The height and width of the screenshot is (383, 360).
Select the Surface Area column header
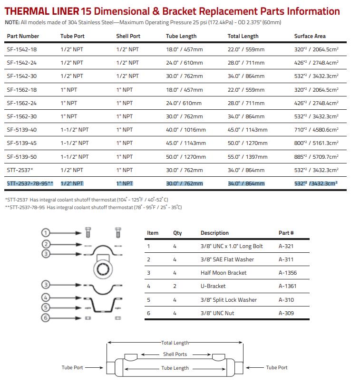(x=310, y=36)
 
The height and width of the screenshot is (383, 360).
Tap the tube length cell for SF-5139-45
(x=186, y=143)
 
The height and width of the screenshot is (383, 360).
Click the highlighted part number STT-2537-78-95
(x=30, y=183)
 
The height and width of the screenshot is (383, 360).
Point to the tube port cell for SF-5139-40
(x=75, y=130)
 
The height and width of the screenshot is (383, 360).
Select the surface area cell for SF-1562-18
(x=316, y=89)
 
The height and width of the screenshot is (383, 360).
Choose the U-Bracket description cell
(x=213, y=286)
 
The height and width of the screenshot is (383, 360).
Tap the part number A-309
(x=286, y=313)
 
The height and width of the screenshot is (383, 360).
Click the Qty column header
(x=177, y=233)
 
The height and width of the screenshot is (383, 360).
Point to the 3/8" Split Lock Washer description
(x=228, y=300)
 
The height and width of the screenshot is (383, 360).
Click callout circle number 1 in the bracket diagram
(x=46, y=232)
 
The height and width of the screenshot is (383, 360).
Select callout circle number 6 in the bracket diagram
(x=46, y=318)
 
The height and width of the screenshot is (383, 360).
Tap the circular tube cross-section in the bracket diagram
(x=102, y=269)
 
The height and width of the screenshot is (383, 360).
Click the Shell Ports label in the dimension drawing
(x=175, y=354)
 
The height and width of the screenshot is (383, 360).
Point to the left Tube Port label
(x=72, y=367)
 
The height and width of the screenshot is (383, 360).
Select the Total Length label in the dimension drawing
(x=175, y=343)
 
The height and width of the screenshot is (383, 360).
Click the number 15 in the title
(x=87, y=11)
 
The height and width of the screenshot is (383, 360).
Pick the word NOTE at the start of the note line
(x=12, y=22)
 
